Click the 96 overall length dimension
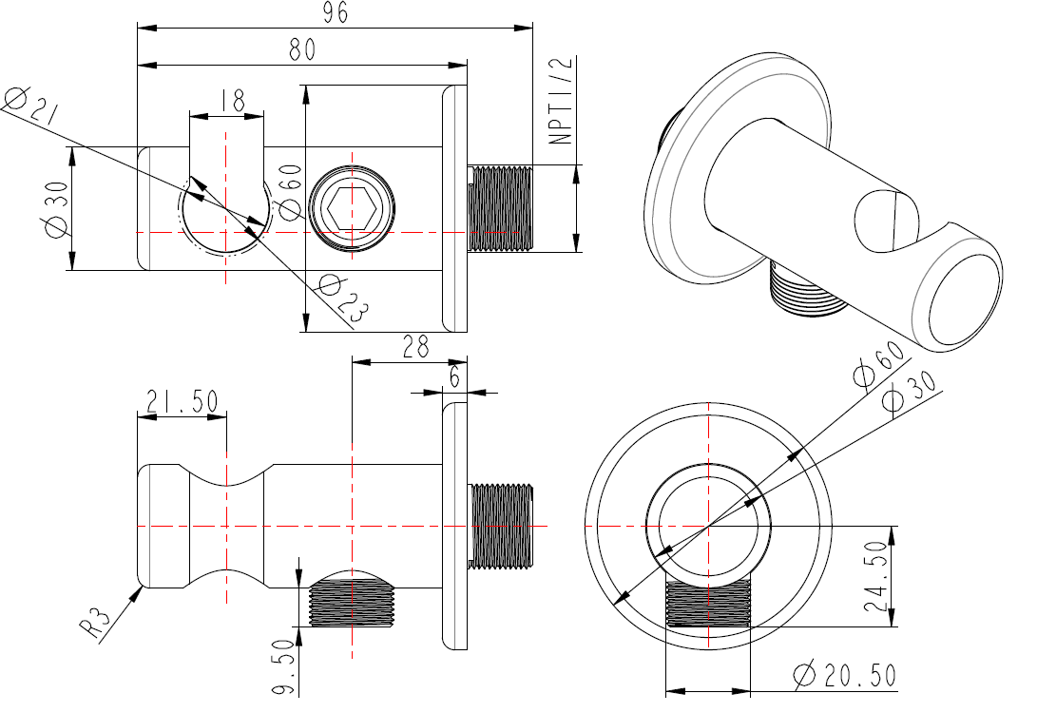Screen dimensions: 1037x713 tap(336, 12)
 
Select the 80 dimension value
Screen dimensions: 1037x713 tap(302, 49)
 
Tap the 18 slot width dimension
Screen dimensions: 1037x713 tap(232, 101)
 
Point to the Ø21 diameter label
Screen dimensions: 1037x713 tap(29, 106)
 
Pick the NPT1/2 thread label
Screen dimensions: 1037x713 tap(561, 101)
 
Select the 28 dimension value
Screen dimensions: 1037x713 tap(414, 347)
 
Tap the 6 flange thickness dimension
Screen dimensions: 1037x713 tap(454, 377)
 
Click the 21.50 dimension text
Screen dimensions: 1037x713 tap(182, 401)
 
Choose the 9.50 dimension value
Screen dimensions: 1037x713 tap(283, 666)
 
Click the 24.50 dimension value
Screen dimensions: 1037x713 tap(876, 577)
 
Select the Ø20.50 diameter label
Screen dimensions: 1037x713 tap(845, 675)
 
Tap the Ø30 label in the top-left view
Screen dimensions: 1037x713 tap(56, 208)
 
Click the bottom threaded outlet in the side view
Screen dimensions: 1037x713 tap(352, 602)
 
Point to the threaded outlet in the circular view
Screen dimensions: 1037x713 tap(708, 604)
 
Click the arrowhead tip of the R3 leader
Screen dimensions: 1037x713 tap(143, 586)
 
